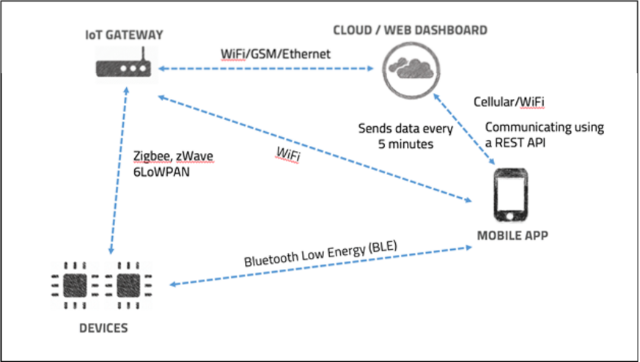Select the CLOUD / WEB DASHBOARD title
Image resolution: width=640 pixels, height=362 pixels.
pos(410,30)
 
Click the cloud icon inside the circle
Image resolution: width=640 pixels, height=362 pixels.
pos(410,69)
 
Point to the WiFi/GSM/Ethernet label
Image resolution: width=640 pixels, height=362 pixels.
pos(276,53)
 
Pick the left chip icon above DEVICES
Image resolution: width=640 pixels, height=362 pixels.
pos(76,283)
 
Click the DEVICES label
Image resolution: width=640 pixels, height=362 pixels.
pos(103,327)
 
